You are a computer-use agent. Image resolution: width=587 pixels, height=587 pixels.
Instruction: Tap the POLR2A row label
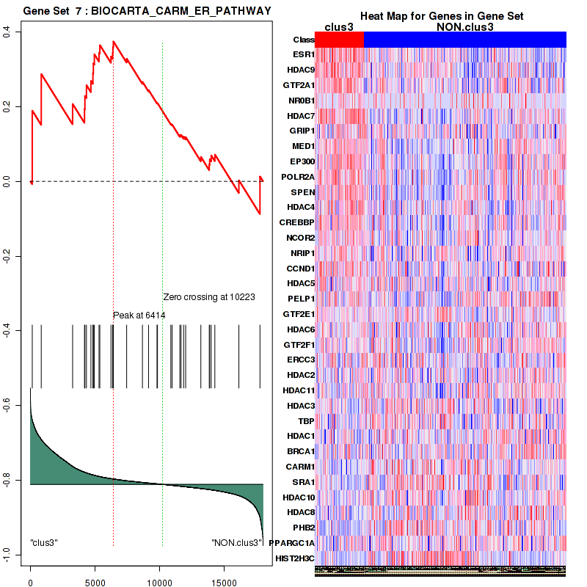(299, 177)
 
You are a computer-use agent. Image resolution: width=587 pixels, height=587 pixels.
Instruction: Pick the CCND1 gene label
(301, 268)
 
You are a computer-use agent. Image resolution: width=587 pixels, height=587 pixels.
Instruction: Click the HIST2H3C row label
(296, 558)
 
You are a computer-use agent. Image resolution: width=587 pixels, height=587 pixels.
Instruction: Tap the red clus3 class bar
(339, 40)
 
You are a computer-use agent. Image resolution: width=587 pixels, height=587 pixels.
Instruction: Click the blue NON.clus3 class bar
(464, 40)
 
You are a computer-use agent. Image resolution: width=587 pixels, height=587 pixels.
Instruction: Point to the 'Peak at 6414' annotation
(139, 315)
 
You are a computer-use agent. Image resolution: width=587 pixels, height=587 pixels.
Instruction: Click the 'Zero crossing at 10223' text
(209, 297)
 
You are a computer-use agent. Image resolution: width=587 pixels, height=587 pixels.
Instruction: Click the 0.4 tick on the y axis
(7, 31)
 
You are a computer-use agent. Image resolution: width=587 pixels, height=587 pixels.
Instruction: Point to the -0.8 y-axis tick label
(7, 481)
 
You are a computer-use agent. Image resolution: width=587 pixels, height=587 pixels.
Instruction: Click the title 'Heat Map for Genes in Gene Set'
(441, 16)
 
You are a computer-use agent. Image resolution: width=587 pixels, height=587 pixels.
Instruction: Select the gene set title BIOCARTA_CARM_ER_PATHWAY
(147, 11)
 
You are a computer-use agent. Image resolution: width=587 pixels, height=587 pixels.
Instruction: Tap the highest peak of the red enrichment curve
(113, 42)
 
